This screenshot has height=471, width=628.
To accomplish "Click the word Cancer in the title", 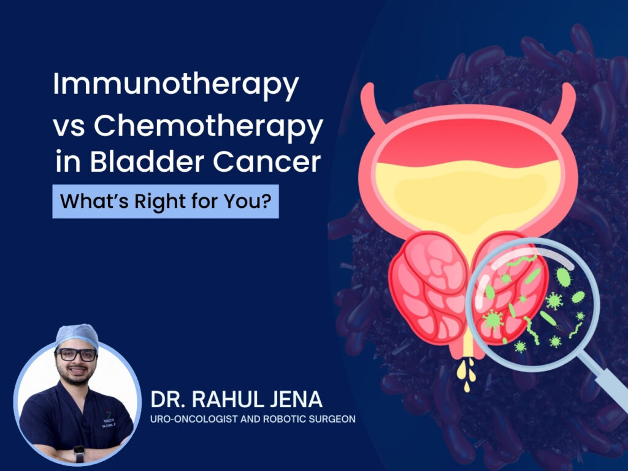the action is [x=267, y=162].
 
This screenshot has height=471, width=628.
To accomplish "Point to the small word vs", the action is [x=69, y=128].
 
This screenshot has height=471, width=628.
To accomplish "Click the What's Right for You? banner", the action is [x=166, y=201].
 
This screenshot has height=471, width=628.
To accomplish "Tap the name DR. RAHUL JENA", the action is [x=236, y=399].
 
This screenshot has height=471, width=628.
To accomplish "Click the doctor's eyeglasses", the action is [x=76, y=354].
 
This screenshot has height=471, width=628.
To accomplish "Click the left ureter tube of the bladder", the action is [x=370, y=106].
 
